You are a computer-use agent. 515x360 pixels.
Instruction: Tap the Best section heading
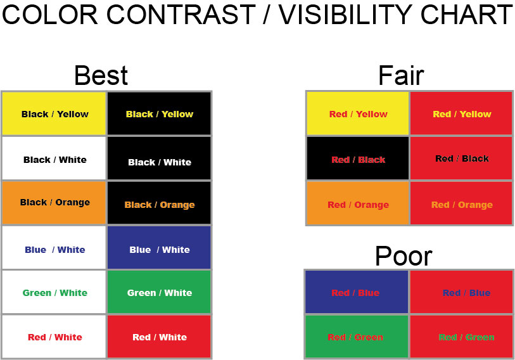click(x=101, y=75)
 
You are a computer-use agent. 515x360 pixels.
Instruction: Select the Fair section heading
click(x=400, y=75)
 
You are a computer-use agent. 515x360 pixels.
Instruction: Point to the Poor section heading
click(x=403, y=256)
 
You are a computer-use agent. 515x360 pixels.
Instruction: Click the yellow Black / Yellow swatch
click(x=54, y=113)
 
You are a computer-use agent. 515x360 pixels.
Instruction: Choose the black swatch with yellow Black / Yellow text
click(x=159, y=113)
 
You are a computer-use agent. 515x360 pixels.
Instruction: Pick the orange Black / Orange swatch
click(x=54, y=203)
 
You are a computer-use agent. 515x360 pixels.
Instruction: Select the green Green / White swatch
click(x=159, y=292)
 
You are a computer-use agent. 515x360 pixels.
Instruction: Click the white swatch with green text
click(x=54, y=292)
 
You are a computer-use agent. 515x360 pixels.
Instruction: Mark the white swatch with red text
click(x=54, y=337)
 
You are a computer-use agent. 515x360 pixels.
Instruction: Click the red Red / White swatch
click(x=159, y=337)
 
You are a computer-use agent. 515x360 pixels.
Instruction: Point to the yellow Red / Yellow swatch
click(x=358, y=113)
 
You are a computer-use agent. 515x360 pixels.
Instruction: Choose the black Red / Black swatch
click(x=358, y=159)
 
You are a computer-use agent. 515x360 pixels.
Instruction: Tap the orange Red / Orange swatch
click(x=358, y=204)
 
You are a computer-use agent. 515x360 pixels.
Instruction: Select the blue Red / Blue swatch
click(x=356, y=292)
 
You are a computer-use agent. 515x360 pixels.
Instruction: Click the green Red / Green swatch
click(x=356, y=337)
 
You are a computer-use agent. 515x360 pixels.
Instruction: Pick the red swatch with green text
click(x=461, y=337)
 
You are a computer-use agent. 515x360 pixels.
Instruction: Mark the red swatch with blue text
click(x=461, y=292)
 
